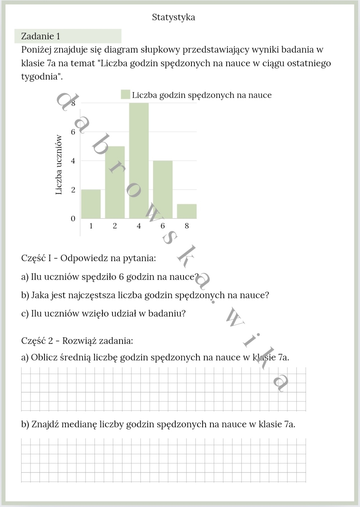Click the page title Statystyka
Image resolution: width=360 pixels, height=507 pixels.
coord(174,17)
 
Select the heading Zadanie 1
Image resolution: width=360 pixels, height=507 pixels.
coord(41,36)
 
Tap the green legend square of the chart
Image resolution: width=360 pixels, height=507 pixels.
coord(125,95)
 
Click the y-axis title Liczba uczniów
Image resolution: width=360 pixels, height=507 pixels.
coord(59,165)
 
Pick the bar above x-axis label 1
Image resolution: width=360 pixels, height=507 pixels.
coord(91,204)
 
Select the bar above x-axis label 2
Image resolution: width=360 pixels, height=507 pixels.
coord(115,182)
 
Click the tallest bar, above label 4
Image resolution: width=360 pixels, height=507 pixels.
coord(139,160)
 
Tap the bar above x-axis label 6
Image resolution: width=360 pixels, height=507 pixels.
coord(163,189)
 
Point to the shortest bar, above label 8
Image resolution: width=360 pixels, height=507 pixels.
coord(187,211)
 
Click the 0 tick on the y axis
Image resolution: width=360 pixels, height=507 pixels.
coord(73,219)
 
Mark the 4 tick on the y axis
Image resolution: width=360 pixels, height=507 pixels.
coord(73,161)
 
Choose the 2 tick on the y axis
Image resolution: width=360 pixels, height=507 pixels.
coord(73,190)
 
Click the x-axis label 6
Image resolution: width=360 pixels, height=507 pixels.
coord(163,226)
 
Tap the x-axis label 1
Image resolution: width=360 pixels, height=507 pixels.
coord(91,226)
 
